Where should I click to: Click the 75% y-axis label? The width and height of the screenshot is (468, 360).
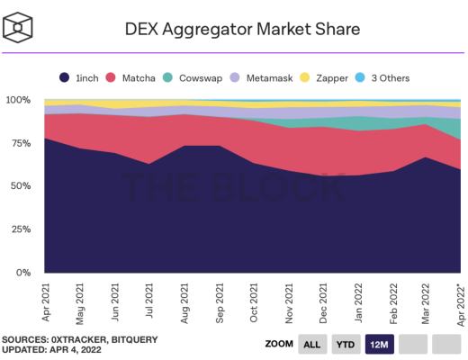click(x=21, y=143)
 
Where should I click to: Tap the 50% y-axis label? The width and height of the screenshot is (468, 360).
click(x=21, y=186)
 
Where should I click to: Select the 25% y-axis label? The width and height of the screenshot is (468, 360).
click(x=21, y=229)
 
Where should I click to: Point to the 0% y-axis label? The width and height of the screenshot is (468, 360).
click(x=23, y=273)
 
